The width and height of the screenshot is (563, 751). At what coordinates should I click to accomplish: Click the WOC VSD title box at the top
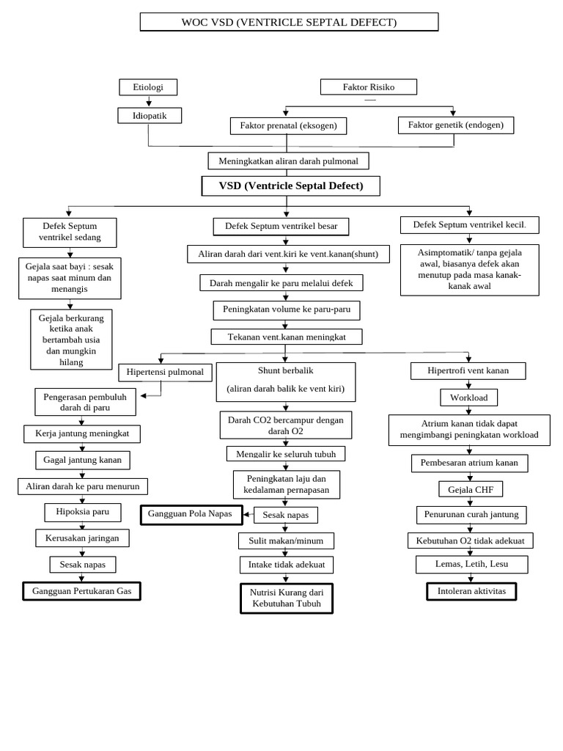289,22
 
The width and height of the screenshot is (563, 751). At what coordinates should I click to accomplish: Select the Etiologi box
148,87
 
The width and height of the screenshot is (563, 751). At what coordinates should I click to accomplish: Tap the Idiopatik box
150,116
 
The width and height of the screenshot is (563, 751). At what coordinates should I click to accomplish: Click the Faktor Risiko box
368,87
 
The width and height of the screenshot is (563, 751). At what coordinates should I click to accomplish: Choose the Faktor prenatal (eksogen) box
288,125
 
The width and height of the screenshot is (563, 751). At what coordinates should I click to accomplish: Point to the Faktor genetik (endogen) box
455,125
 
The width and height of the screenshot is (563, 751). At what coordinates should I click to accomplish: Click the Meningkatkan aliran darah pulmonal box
288,161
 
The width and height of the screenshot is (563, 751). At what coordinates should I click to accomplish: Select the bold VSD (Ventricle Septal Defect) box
290,186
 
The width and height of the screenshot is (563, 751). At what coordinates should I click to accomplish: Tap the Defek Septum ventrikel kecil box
469,224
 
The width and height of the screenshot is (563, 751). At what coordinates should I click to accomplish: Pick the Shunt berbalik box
285,381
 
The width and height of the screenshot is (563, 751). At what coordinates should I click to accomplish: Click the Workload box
468,397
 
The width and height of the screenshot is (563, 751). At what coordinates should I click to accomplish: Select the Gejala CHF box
471,489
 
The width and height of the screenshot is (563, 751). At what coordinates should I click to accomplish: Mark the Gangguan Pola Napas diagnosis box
191,514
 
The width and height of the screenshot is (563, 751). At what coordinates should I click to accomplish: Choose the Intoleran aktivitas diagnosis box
471,591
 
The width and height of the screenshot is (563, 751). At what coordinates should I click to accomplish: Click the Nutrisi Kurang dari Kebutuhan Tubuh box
286,598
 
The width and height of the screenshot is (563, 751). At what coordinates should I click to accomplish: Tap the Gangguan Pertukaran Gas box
81,591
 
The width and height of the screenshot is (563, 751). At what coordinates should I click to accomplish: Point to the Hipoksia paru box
82,512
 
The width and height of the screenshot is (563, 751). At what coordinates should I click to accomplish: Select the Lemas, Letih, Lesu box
471,564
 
